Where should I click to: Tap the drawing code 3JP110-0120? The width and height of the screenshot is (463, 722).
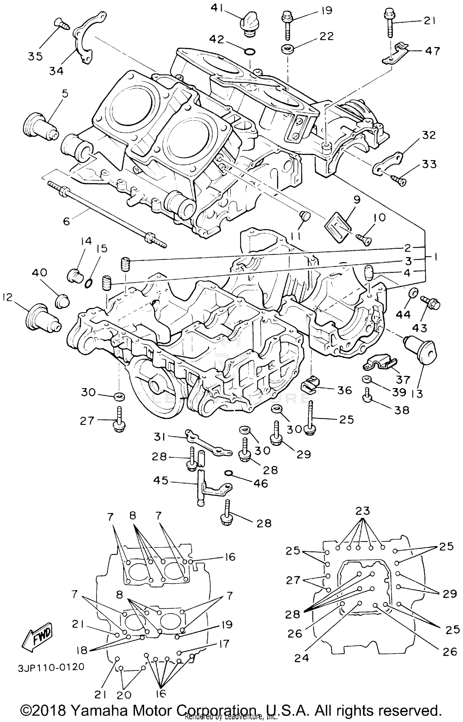[x=51, y=667]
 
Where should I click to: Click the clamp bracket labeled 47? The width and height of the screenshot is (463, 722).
[x=395, y=54]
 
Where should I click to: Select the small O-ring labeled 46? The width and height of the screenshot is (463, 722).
[x=228, y=473]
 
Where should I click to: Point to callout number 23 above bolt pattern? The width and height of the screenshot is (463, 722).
[x=362, y=511]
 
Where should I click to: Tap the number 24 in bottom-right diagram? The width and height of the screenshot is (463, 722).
[x=301, y=658]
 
